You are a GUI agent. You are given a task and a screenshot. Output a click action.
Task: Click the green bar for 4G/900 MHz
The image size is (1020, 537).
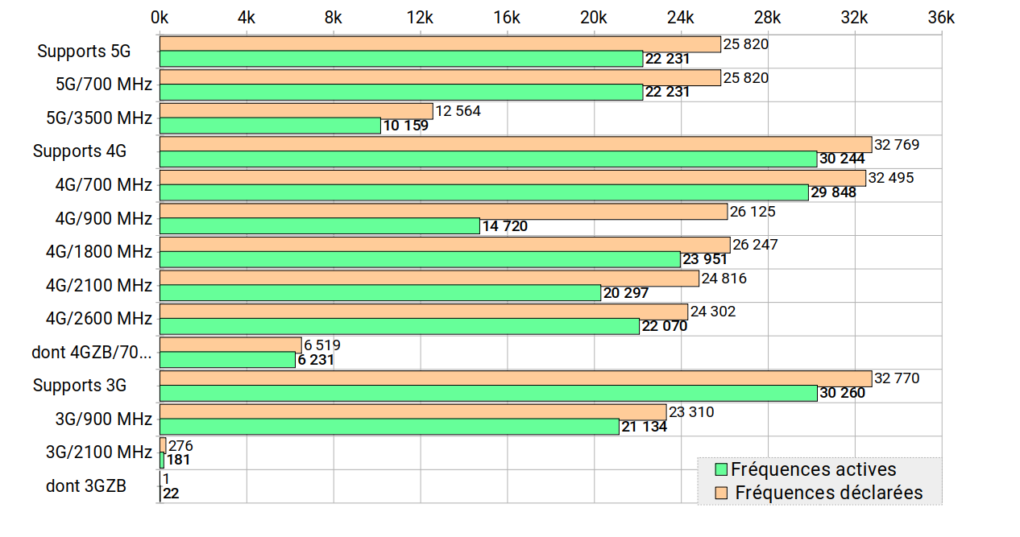[320, 226]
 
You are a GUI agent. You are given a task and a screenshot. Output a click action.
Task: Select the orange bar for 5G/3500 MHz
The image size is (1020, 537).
[296, 111]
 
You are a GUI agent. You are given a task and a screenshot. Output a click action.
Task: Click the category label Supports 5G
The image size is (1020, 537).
[84, 52]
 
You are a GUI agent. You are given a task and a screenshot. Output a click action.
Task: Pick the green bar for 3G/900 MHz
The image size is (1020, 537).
[389, 427]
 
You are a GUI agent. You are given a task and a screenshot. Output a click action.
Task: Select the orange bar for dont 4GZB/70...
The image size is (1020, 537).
[230, 345]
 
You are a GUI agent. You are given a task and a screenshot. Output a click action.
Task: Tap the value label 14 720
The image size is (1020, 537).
[505, 226]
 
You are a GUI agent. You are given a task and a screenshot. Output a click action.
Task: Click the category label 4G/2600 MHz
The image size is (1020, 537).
[99, 319]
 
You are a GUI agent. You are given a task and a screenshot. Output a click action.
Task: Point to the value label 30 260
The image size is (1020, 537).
[842, 394]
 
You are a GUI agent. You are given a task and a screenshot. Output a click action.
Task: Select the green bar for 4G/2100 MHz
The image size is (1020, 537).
[380, 293]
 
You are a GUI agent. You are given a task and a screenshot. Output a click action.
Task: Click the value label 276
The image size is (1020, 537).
[180, 446]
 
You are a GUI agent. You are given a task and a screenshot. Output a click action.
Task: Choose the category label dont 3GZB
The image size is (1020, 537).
[86, 486]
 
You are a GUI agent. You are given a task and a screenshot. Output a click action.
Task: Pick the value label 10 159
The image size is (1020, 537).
[405, 126]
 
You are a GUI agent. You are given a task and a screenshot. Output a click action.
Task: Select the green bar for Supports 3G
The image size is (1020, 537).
[488, 394]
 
